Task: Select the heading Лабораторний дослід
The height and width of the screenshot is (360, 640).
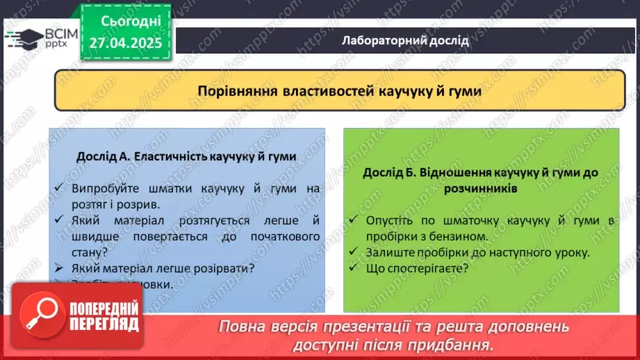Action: tap(405, 40)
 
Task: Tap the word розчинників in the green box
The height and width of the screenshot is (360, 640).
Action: tap(482, 188)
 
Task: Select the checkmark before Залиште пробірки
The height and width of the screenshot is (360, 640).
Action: tap(354, 252)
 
